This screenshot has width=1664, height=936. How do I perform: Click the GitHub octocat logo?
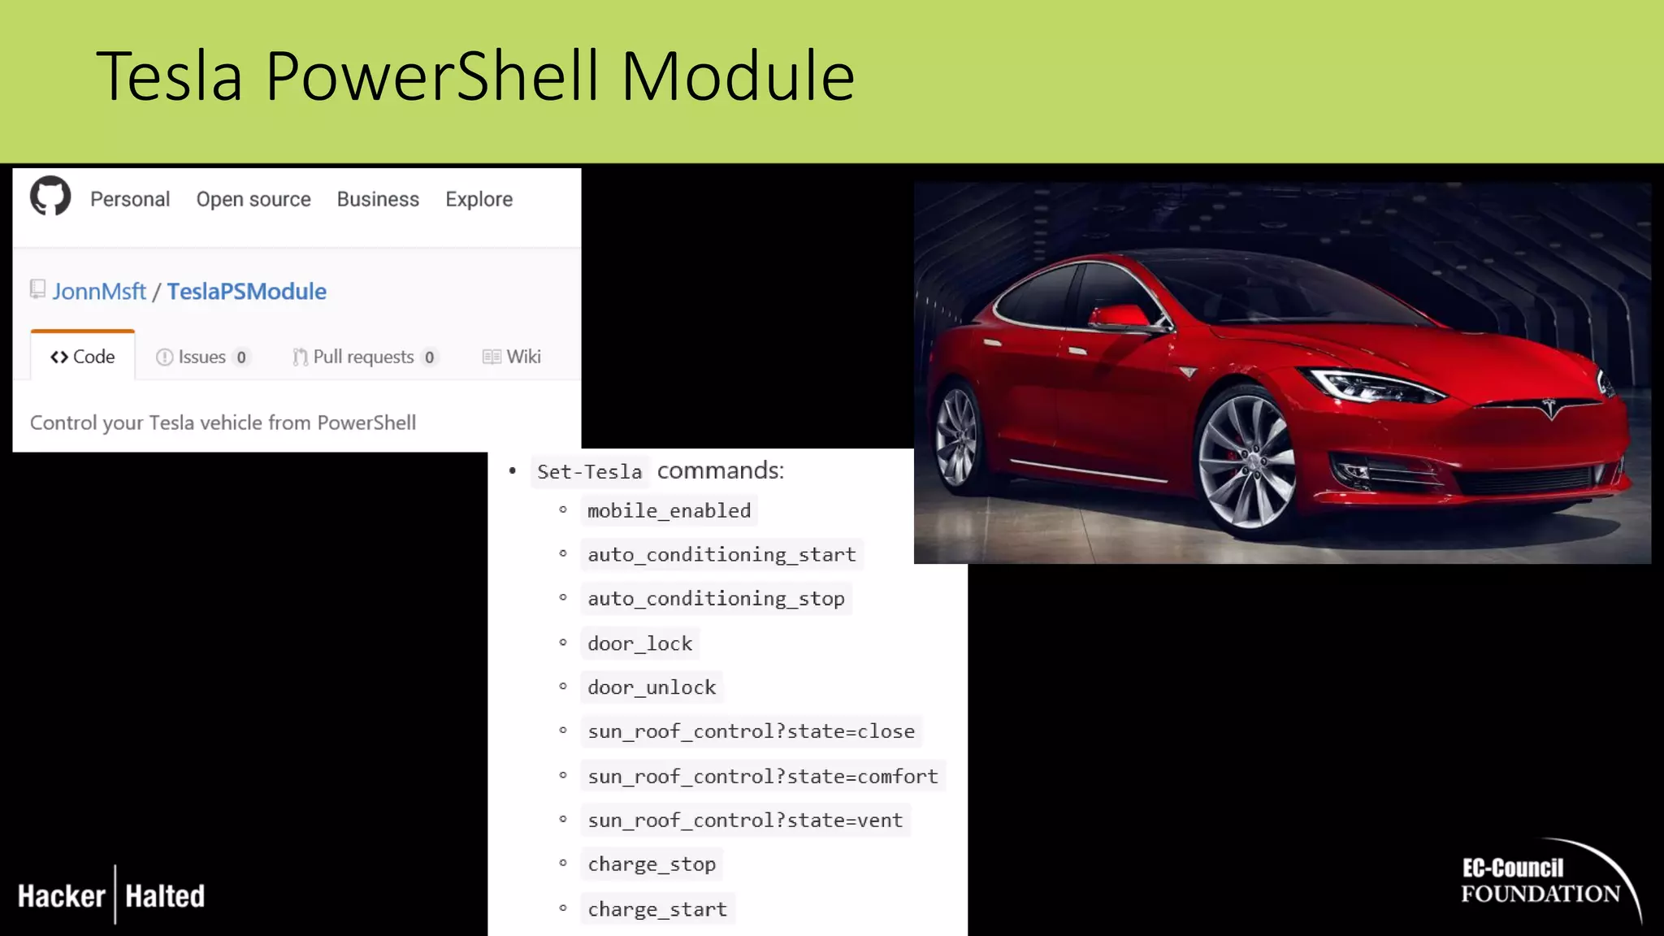click(50, 197)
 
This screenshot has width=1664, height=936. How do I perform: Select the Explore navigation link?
click(479, 199)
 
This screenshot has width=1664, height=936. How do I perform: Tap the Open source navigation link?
click(253, 199)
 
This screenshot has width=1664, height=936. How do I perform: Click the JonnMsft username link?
click(99, 292)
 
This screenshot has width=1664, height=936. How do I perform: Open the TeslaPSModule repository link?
click(246, 292)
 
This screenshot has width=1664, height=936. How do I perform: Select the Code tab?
click(83, 357)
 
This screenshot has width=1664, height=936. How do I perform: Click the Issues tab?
click(202, 357)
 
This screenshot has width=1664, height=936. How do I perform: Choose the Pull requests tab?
click(365, 357)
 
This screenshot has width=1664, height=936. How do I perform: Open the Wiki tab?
click(512, 357)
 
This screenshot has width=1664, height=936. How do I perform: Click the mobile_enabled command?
click(669, 511)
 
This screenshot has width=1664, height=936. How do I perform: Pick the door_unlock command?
click(652, 687)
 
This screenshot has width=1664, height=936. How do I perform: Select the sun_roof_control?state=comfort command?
click(762, 776)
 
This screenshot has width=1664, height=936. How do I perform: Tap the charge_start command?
click(657, 909)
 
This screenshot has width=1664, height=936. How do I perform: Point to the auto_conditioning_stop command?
click(716, 599)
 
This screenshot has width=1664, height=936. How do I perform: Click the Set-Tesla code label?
click(589, 472)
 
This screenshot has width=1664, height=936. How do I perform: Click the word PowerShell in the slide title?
click(432, 76)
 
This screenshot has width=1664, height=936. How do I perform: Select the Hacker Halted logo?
click(111, 895)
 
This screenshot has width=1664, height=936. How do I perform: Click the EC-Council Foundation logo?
click(1541, 882)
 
